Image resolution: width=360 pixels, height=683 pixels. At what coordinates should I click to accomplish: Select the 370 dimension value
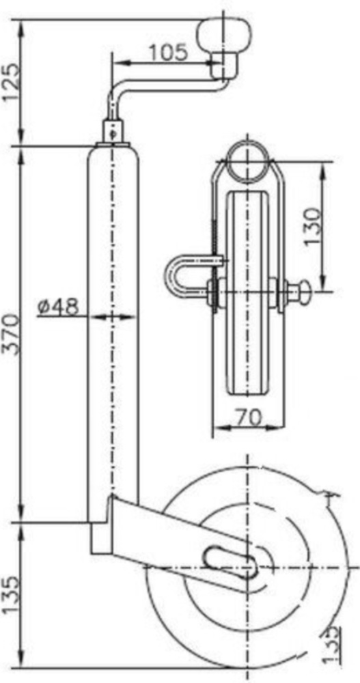[x=12, y=335]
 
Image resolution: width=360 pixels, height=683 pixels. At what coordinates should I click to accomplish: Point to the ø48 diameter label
[x=58, y=307]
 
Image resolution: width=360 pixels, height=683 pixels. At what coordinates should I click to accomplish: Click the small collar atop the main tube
[x=114, y=131]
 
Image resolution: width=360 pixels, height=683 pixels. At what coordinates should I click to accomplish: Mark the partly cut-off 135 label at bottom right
[x=332, y=645]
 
